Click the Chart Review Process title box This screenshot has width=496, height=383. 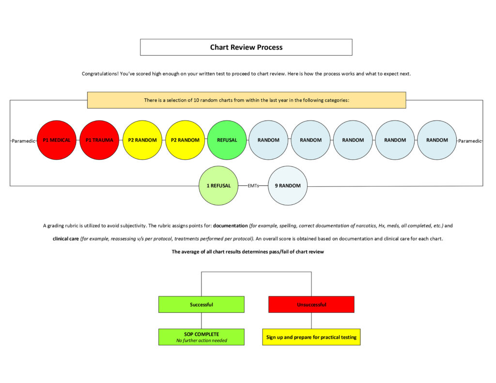pyautogui.click(x=246, y=47)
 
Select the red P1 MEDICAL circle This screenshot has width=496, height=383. pyautogui.click(x=57, y=140)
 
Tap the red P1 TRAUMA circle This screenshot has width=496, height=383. pyautogui.click(x=99, y=140)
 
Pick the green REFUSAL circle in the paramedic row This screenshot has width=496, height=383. pyautogui.click(x=227, y=140)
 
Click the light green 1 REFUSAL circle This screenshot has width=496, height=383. pyautogui.click(x=218, y=186)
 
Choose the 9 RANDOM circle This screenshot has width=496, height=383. pyautogui.click(x=287, y=186)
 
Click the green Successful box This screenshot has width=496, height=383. pyautogui.click(x=201, y=305)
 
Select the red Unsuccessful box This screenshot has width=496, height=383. pyautogui.click(x=311, y=305)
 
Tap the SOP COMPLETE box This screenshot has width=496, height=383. pyautogui.click(x=201, y=337)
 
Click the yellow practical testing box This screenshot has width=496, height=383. pyautogui.click(x=311, y=337)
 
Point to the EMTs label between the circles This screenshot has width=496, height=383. pyautogui.click(x=253, y=186)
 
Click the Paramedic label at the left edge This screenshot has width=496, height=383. pyautogui.click(x=24, y=140)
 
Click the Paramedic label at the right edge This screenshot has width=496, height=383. pyautogui.click(x=470, y=140)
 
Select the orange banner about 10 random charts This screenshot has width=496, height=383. pyautogui.click(x=246, y=100)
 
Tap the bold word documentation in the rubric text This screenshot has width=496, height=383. pyautogui.click(x=230, y=226)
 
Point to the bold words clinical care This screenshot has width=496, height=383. pyautogui.click(x=66, y=239)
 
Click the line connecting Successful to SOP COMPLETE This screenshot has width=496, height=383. pyautogui.click(x=201, y=321)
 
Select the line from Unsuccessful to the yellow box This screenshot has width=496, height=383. pyautogui.click(x=311, y=321)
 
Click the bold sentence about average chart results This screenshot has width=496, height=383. pyautogui.click(x=248, y=252)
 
